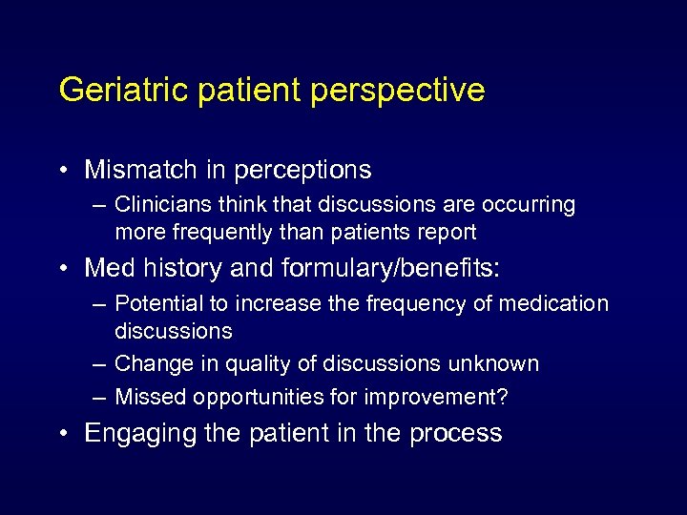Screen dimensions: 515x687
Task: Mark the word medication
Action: click(x=553, y=303)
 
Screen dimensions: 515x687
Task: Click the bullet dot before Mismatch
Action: click(x=63, y=172)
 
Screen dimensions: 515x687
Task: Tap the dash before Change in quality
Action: click(x=98, y=364)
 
